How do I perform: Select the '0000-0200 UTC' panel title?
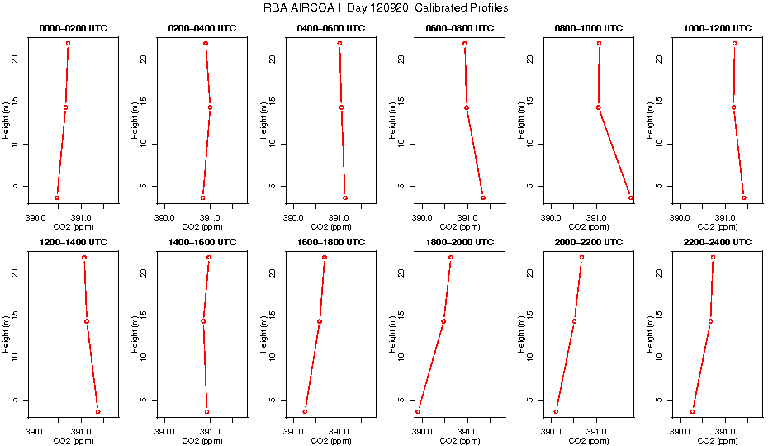[x=74, y=29]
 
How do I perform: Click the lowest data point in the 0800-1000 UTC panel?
[x=631, y=197]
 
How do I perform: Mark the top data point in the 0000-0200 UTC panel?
[x=69, y=43]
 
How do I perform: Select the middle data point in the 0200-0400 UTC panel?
[x=210, y=107]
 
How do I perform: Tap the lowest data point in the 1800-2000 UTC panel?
[x=418, y=411]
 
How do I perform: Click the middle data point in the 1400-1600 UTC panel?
[x=203, y=321]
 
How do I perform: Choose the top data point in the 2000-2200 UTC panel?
[x=581, y=257]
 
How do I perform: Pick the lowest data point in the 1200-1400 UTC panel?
[x=97, y=411]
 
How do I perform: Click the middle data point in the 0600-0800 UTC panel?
[x=467, y=107]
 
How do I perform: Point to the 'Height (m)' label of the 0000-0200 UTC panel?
[x=6, y=120]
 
